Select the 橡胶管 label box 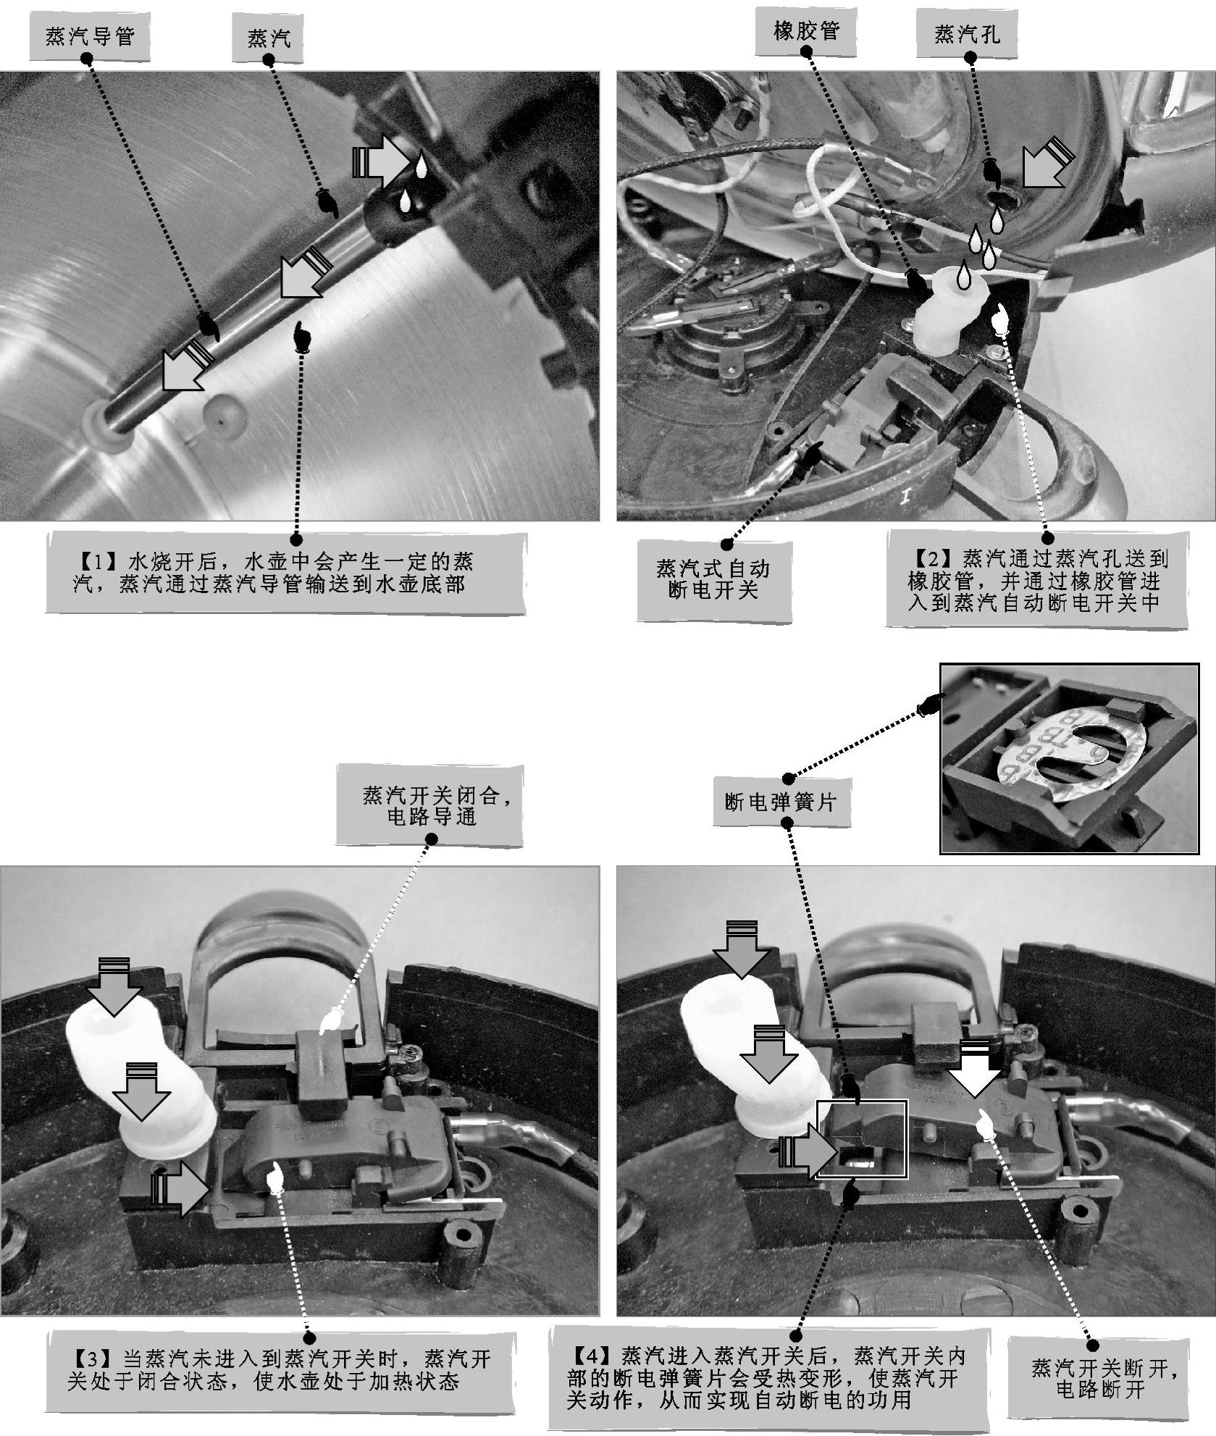pos(805,32)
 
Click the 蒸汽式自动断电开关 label pos(713,579)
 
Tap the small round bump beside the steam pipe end pos(225,415)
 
